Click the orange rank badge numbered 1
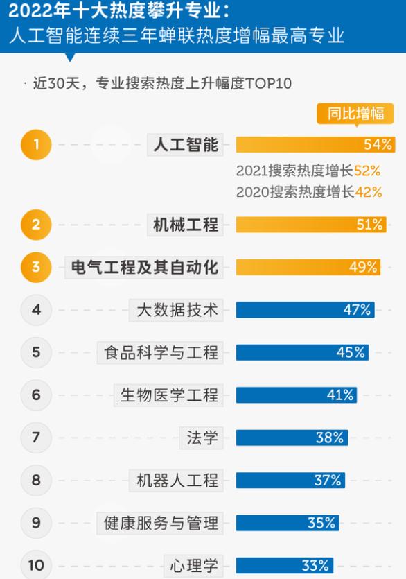[x=36, y=144]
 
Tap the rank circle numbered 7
[x=36, y=438]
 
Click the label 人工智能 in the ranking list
[x=185, y=144]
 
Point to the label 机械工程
[x=185, y=225]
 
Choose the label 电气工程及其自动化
[x=145, y=268]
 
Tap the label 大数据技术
[x=174, y=310]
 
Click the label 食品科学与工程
[x=161, y=352]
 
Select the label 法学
[x=202, y=438]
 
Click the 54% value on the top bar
[x=378, y=144]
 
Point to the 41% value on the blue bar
[x=340, y=395]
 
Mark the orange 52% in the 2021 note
[x=367, y=171]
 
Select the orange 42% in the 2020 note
[x=367, y=192]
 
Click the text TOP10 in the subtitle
[x=269, y=84]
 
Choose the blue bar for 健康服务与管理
[x=286, y=523]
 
